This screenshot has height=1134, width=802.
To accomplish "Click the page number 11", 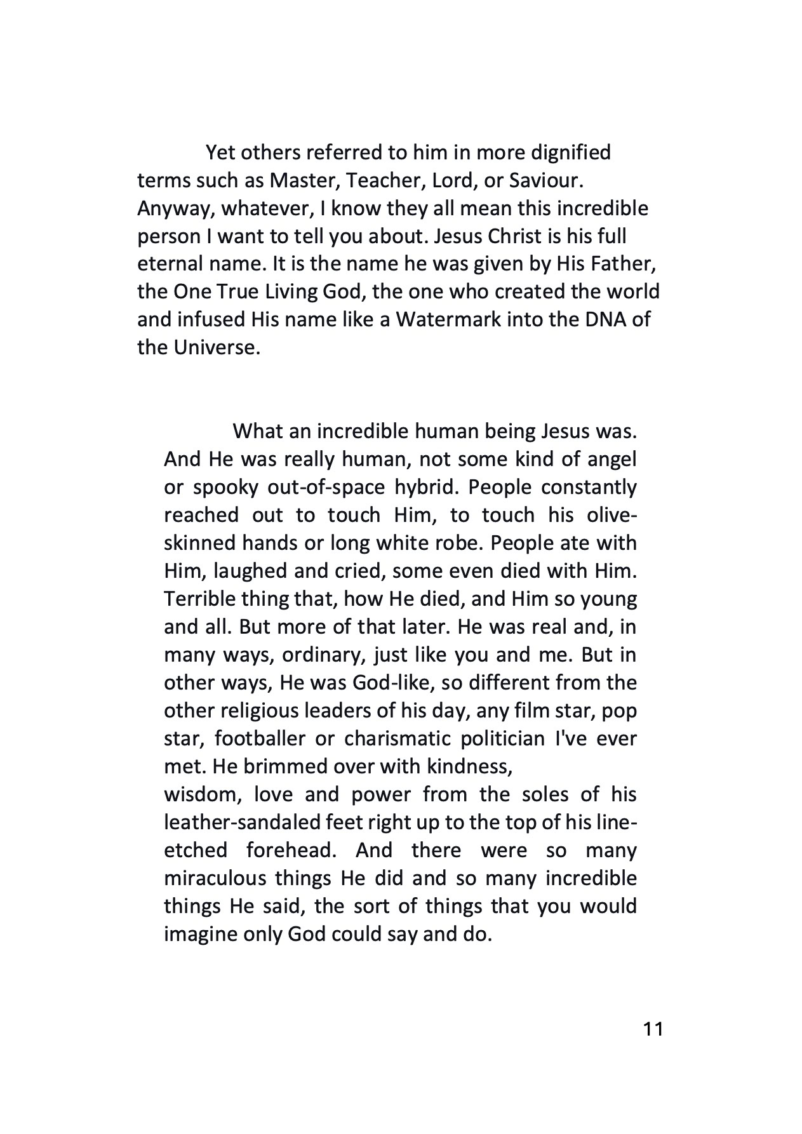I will pyautogui.click(x=653, y=1029).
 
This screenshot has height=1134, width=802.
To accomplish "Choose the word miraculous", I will pyautogui.click(x=215, y=878).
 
